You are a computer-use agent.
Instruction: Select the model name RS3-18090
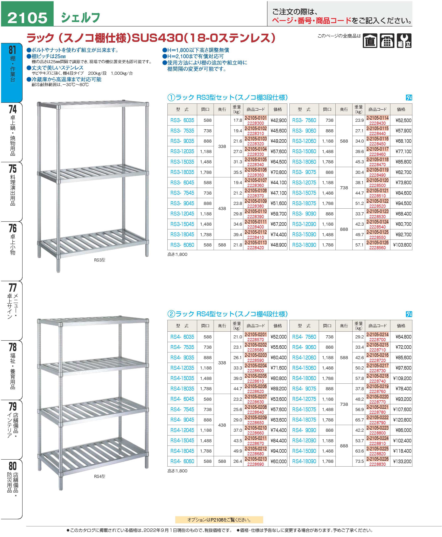(304, 245)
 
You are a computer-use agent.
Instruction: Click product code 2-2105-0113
(255, 242)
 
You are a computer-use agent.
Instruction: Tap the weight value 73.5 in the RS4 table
(359, 461)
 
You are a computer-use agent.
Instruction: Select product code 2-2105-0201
(255, 334)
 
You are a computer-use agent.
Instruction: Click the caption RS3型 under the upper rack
(100, 260)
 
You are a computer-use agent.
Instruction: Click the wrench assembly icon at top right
(404, 41)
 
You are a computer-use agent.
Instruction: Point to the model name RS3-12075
(304, 182)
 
